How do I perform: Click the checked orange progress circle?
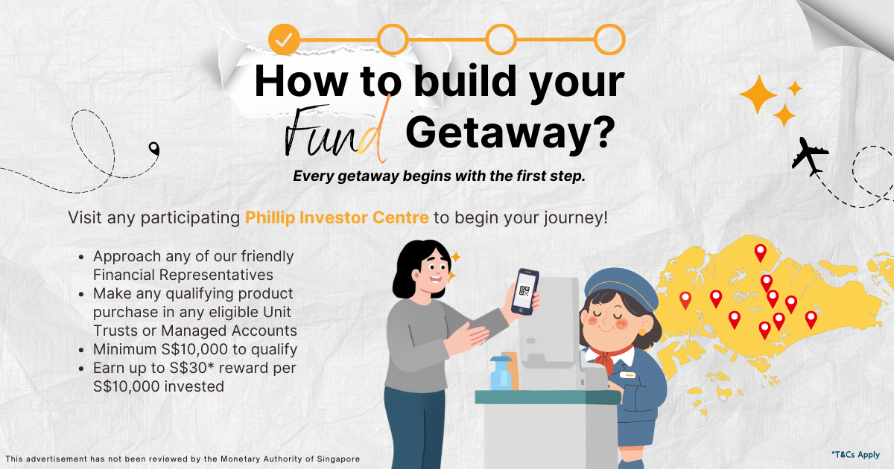pyautogui.click(x=284, y=39)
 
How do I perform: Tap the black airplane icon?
pyautogui.click(x=809, y=156)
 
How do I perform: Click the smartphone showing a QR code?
pyautogui.click(x=524, y=292)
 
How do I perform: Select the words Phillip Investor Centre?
pyautogui.click(x=337, y=217)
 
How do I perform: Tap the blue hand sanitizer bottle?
pyautogui.click(x=501, y=373)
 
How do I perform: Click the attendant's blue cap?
pyautogui.click(x=621, y=288)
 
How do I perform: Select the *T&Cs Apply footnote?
pyautogui.click(x=855, y=455)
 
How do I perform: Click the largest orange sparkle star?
pyautogui.click(x=758, y=95)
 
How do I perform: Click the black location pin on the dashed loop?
pyautogui.click(x=153, y=149)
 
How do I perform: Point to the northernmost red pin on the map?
pyautogui.click(x=761, y=253)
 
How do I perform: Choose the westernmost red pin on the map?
pyautogui.click(x=685, y=301)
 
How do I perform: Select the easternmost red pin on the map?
pyautogui.click(x=811, y=320)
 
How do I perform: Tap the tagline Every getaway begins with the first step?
pyautogui.click(x=439, y=176)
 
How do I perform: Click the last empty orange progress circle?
pyautogui.click(x=609, y=39)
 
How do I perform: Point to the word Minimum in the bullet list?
pyautogui.click(x=125, y=349)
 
